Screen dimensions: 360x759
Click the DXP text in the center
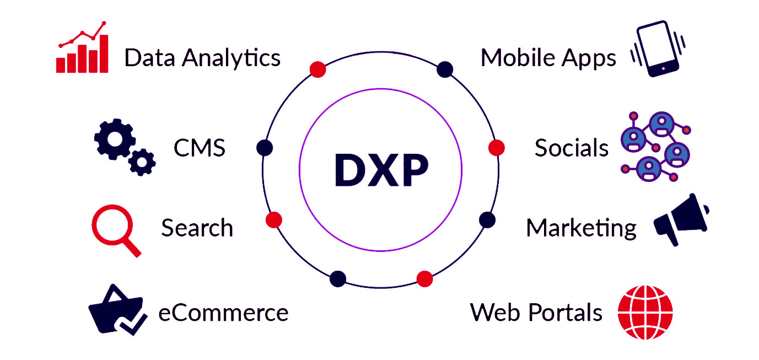(x=381, y=170)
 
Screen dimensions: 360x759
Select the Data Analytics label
(x=202, y=57)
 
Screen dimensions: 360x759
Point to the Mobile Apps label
(x=548, y=57)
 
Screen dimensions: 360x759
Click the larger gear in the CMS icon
(x=114, y=138)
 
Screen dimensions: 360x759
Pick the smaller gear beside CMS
(x=142, y=162)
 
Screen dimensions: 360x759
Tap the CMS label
(x=200, y=148)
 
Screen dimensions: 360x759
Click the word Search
(x=197, y=228)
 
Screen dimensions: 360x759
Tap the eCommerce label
(x=223, y=313)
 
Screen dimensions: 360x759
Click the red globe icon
(x=645, y=312)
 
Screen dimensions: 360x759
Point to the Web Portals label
(x=536, y=313)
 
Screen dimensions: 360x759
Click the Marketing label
(x=581, y=228)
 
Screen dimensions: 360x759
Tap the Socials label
(x=572, y=148)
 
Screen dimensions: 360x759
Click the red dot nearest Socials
(x=497, y=148)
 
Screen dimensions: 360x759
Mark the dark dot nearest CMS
(x=265, y=148)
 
